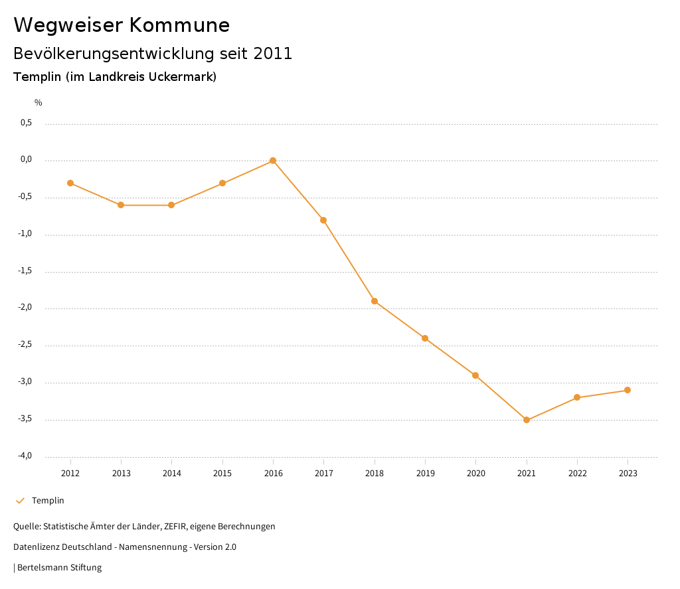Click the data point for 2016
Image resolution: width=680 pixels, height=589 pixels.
point(273,161)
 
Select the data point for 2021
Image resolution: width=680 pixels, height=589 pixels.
point(527,420)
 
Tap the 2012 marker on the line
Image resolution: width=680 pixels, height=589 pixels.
point(70,183)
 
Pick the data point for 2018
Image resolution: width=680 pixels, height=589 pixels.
point(375,301)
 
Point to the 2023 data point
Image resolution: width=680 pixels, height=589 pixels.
point(628,390)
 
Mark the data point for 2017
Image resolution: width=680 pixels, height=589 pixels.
point(323,220)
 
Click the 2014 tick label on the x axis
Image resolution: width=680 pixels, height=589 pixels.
point(172,474)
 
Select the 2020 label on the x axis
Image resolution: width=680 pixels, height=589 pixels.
point(476,474)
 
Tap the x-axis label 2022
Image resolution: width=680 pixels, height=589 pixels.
point(577,474)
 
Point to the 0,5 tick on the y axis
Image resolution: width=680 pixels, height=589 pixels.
point(27,123)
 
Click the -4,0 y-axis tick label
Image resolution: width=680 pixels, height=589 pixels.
point(25,456)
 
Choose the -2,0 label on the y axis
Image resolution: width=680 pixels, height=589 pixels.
point(25,308)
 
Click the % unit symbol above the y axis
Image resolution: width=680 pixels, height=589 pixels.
point(39,103)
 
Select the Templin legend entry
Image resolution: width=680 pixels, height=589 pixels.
point(48,501)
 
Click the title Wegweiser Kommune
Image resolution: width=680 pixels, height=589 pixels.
point(122,25)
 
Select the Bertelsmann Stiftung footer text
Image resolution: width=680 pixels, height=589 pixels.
point(59,568)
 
